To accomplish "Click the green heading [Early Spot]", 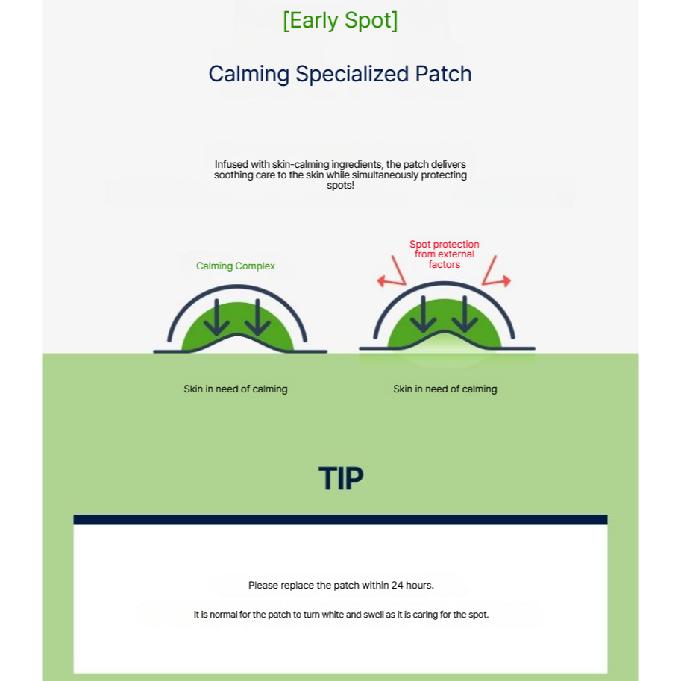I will [340, 21].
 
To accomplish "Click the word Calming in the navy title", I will [249, 75].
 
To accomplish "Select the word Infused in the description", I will [231, 164].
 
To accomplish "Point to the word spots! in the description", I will [340, 186].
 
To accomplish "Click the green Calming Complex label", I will [236, 266].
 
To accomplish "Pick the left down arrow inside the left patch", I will [217, 318].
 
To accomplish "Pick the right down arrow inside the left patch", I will [257, 318].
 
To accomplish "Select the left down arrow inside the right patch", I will [424, 314].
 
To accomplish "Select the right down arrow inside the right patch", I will [464, 314].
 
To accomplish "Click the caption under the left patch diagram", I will [236, 389].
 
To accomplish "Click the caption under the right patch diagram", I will [445, 389].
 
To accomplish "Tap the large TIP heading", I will [341, 478].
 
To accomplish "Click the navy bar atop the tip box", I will [340, 520].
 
